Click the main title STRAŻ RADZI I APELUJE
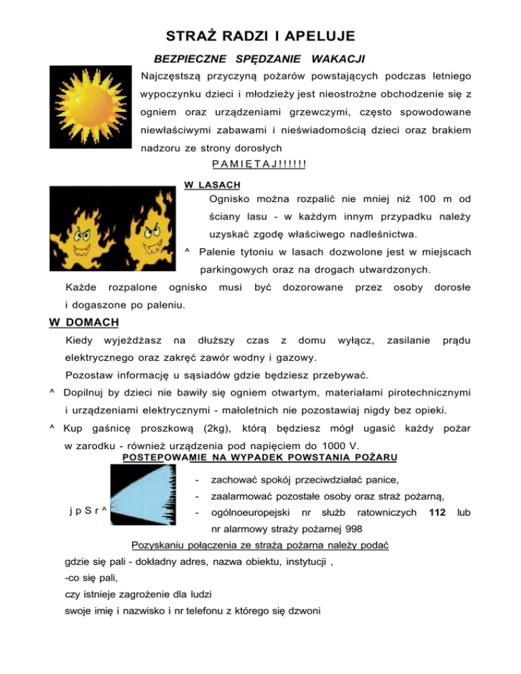click(x=260, y=35)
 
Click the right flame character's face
click(x=151, y=237)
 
